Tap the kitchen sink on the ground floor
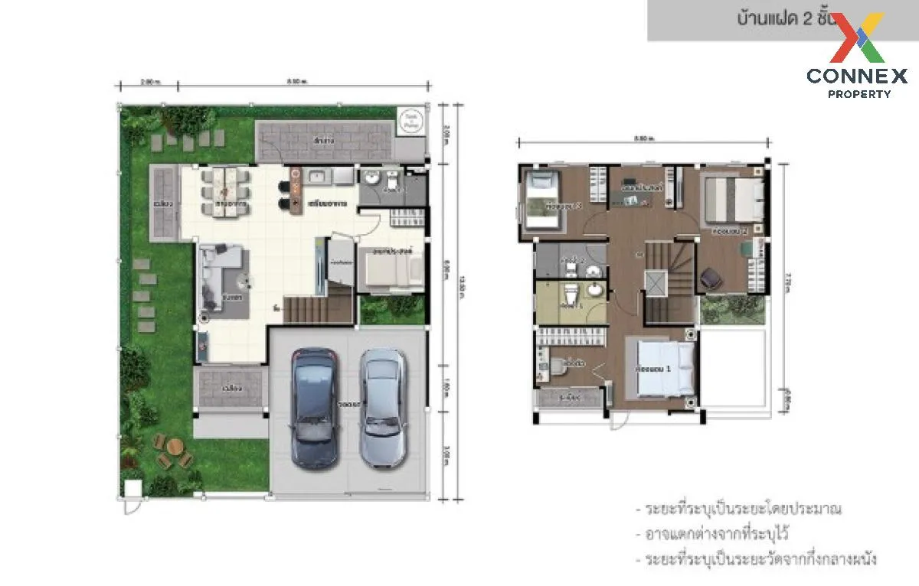pyautogui.click(x=319, y=177)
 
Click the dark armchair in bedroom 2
pyautogui.click(x=712, y=278)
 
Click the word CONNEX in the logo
pyautogui.click(x=857, y=76)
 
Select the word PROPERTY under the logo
pyautogui.click(x=859, y=94)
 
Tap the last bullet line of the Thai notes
pyautogui.click(x=755, y=560)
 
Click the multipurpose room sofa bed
pyautogui.click(x=390, y=269)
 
